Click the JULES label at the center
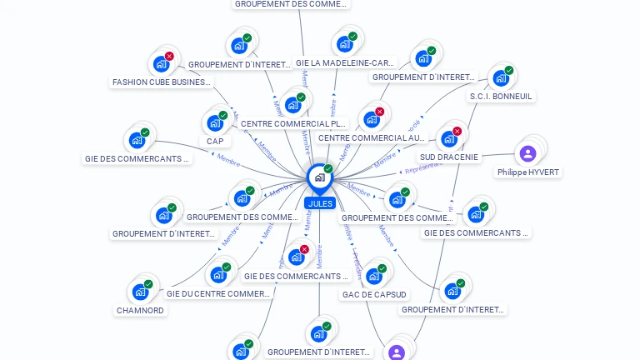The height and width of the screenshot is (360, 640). point(319,203)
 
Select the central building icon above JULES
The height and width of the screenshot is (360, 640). point(319,177)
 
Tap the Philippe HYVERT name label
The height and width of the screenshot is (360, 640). point(528,172)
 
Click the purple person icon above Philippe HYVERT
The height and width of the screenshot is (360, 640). point(527,153)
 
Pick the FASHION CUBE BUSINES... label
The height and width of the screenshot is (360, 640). point(162,82)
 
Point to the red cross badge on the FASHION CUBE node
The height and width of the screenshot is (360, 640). point(169,56)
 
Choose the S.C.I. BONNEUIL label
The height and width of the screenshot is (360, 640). point(501,97)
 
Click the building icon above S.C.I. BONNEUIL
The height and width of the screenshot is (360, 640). point(500,77)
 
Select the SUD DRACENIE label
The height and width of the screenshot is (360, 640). point(449,157)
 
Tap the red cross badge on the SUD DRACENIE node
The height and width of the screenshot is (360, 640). point(457,131)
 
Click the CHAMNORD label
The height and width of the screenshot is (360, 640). point(140,310)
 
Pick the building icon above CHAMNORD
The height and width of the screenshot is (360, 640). point(139,292)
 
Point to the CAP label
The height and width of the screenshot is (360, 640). point(215,142)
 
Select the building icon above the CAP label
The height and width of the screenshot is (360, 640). point(214,123)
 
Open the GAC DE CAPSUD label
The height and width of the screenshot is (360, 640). point(374,294)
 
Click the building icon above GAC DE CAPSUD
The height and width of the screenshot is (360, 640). point(373,276)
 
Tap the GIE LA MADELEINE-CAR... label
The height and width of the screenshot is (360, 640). point(345,62)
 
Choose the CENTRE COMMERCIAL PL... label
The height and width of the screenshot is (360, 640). point(292,123)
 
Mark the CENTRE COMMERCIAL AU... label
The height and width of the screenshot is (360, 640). point(371,137)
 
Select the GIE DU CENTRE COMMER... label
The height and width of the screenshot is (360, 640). point(218,293)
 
